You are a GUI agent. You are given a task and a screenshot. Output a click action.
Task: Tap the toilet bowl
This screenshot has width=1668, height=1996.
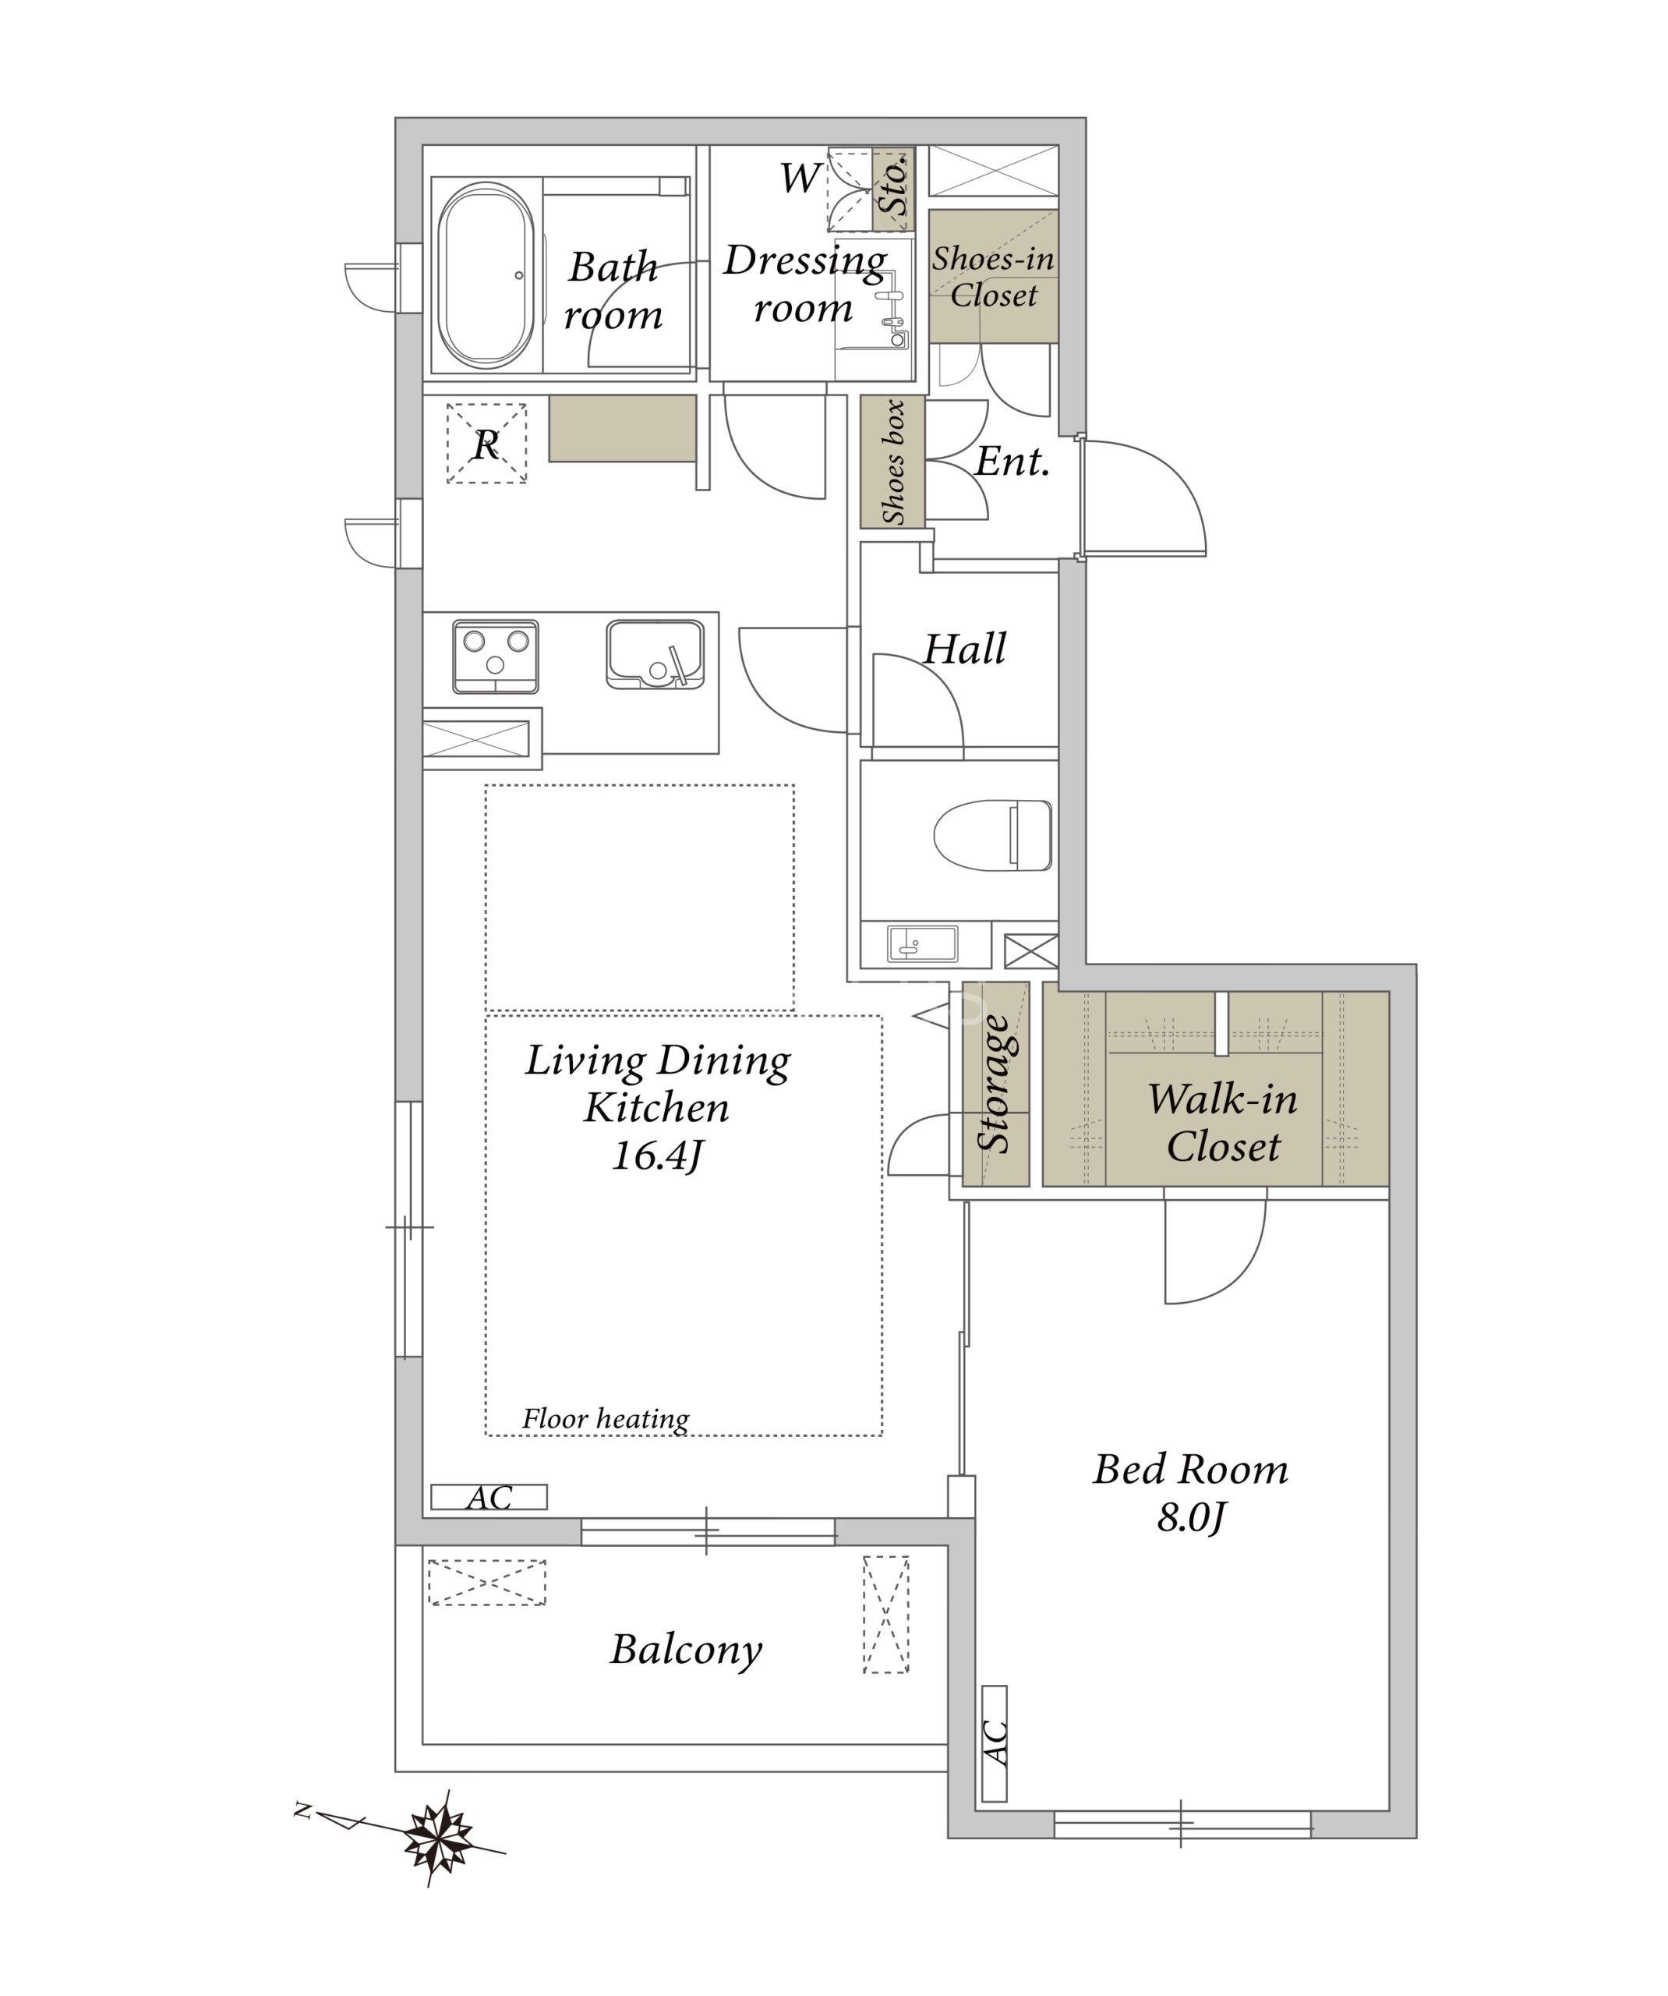point(993,834)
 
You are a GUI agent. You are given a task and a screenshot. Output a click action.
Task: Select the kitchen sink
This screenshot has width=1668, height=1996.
point(655,654)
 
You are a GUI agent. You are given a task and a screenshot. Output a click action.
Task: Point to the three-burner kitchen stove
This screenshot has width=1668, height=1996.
point(495,656)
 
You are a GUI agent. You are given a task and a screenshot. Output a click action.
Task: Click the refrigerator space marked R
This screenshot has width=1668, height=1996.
point(486,444)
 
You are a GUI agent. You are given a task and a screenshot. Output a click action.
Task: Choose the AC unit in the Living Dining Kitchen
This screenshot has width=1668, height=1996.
point(489,1497)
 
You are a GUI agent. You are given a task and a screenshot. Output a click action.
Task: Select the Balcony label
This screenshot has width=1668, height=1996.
point(686,1650)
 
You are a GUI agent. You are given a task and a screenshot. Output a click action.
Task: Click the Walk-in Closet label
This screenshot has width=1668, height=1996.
point(1222,1123)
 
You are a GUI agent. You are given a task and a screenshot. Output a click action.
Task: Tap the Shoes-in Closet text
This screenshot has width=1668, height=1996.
point(993,276)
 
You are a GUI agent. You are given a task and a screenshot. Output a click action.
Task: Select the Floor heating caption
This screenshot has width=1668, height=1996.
point(606,1419)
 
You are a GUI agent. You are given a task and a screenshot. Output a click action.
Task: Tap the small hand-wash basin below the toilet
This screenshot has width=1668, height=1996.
point(922,944)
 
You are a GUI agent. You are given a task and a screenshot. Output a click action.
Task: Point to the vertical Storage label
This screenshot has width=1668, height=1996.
point(995,1084)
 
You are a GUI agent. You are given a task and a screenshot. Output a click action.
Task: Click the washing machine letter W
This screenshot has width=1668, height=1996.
point(800,178)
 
